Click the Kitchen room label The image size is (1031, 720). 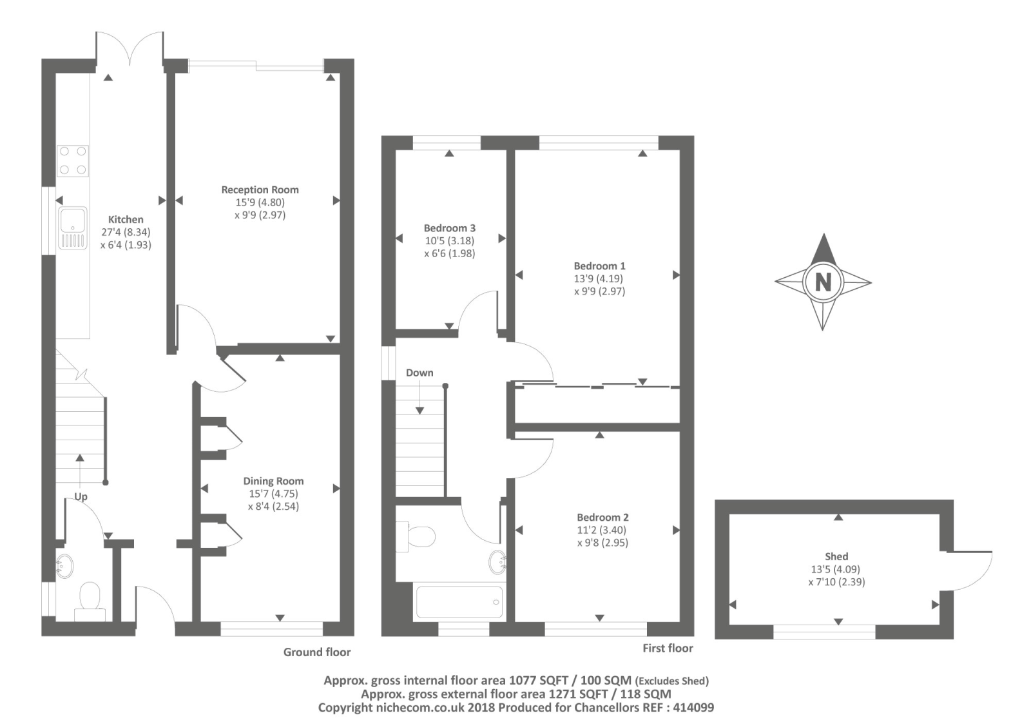click(126, 220)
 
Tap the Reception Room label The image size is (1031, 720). click(260, 190)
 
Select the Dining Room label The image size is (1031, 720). click(273, 481)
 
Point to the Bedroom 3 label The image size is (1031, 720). click(450, 228)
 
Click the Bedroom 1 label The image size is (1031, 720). click(600, 266)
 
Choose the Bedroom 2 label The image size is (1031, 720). click(603, 517)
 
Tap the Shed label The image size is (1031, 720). click(837, 556)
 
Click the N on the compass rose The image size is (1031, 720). click(823, 282)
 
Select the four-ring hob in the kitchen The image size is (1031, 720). click(73, 161)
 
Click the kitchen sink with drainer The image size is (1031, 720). click(73, 228)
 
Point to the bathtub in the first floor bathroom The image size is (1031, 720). click(459, 602)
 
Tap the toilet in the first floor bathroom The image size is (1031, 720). click(416, 536)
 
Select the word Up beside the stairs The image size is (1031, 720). click(81, 497)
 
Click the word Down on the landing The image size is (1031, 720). click(419, 373)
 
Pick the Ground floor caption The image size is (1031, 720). click(317, 652)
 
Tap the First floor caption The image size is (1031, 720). click(668, 648)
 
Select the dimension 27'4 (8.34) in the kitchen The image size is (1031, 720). click(126, 232)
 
